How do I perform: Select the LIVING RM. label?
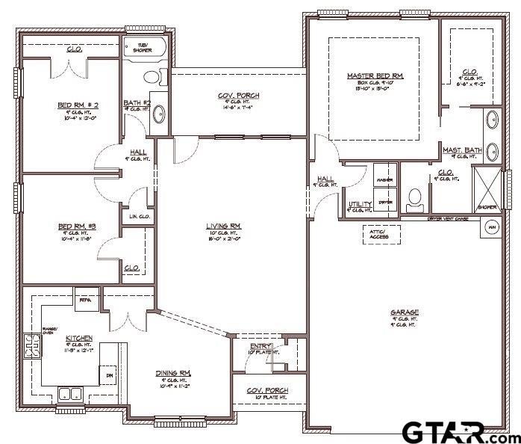pyautogui.click(x=224, y=225)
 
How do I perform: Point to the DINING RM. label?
pyautogui.click(x=173, y=373)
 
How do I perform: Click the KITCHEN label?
pyautogui.click(x=78, y=338)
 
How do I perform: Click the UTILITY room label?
pyautogui.click(x=360, y=203)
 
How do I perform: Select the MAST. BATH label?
pyautogui.click(x=461, y=150)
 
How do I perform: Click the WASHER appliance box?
pyautogui.click(x=385, y=181)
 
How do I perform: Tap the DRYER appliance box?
pyautogui.click(x=385, y=202)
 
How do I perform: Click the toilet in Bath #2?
pyautogui.click(x=152, y=76)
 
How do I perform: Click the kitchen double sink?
pyautogui.click(x=71, y=394)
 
